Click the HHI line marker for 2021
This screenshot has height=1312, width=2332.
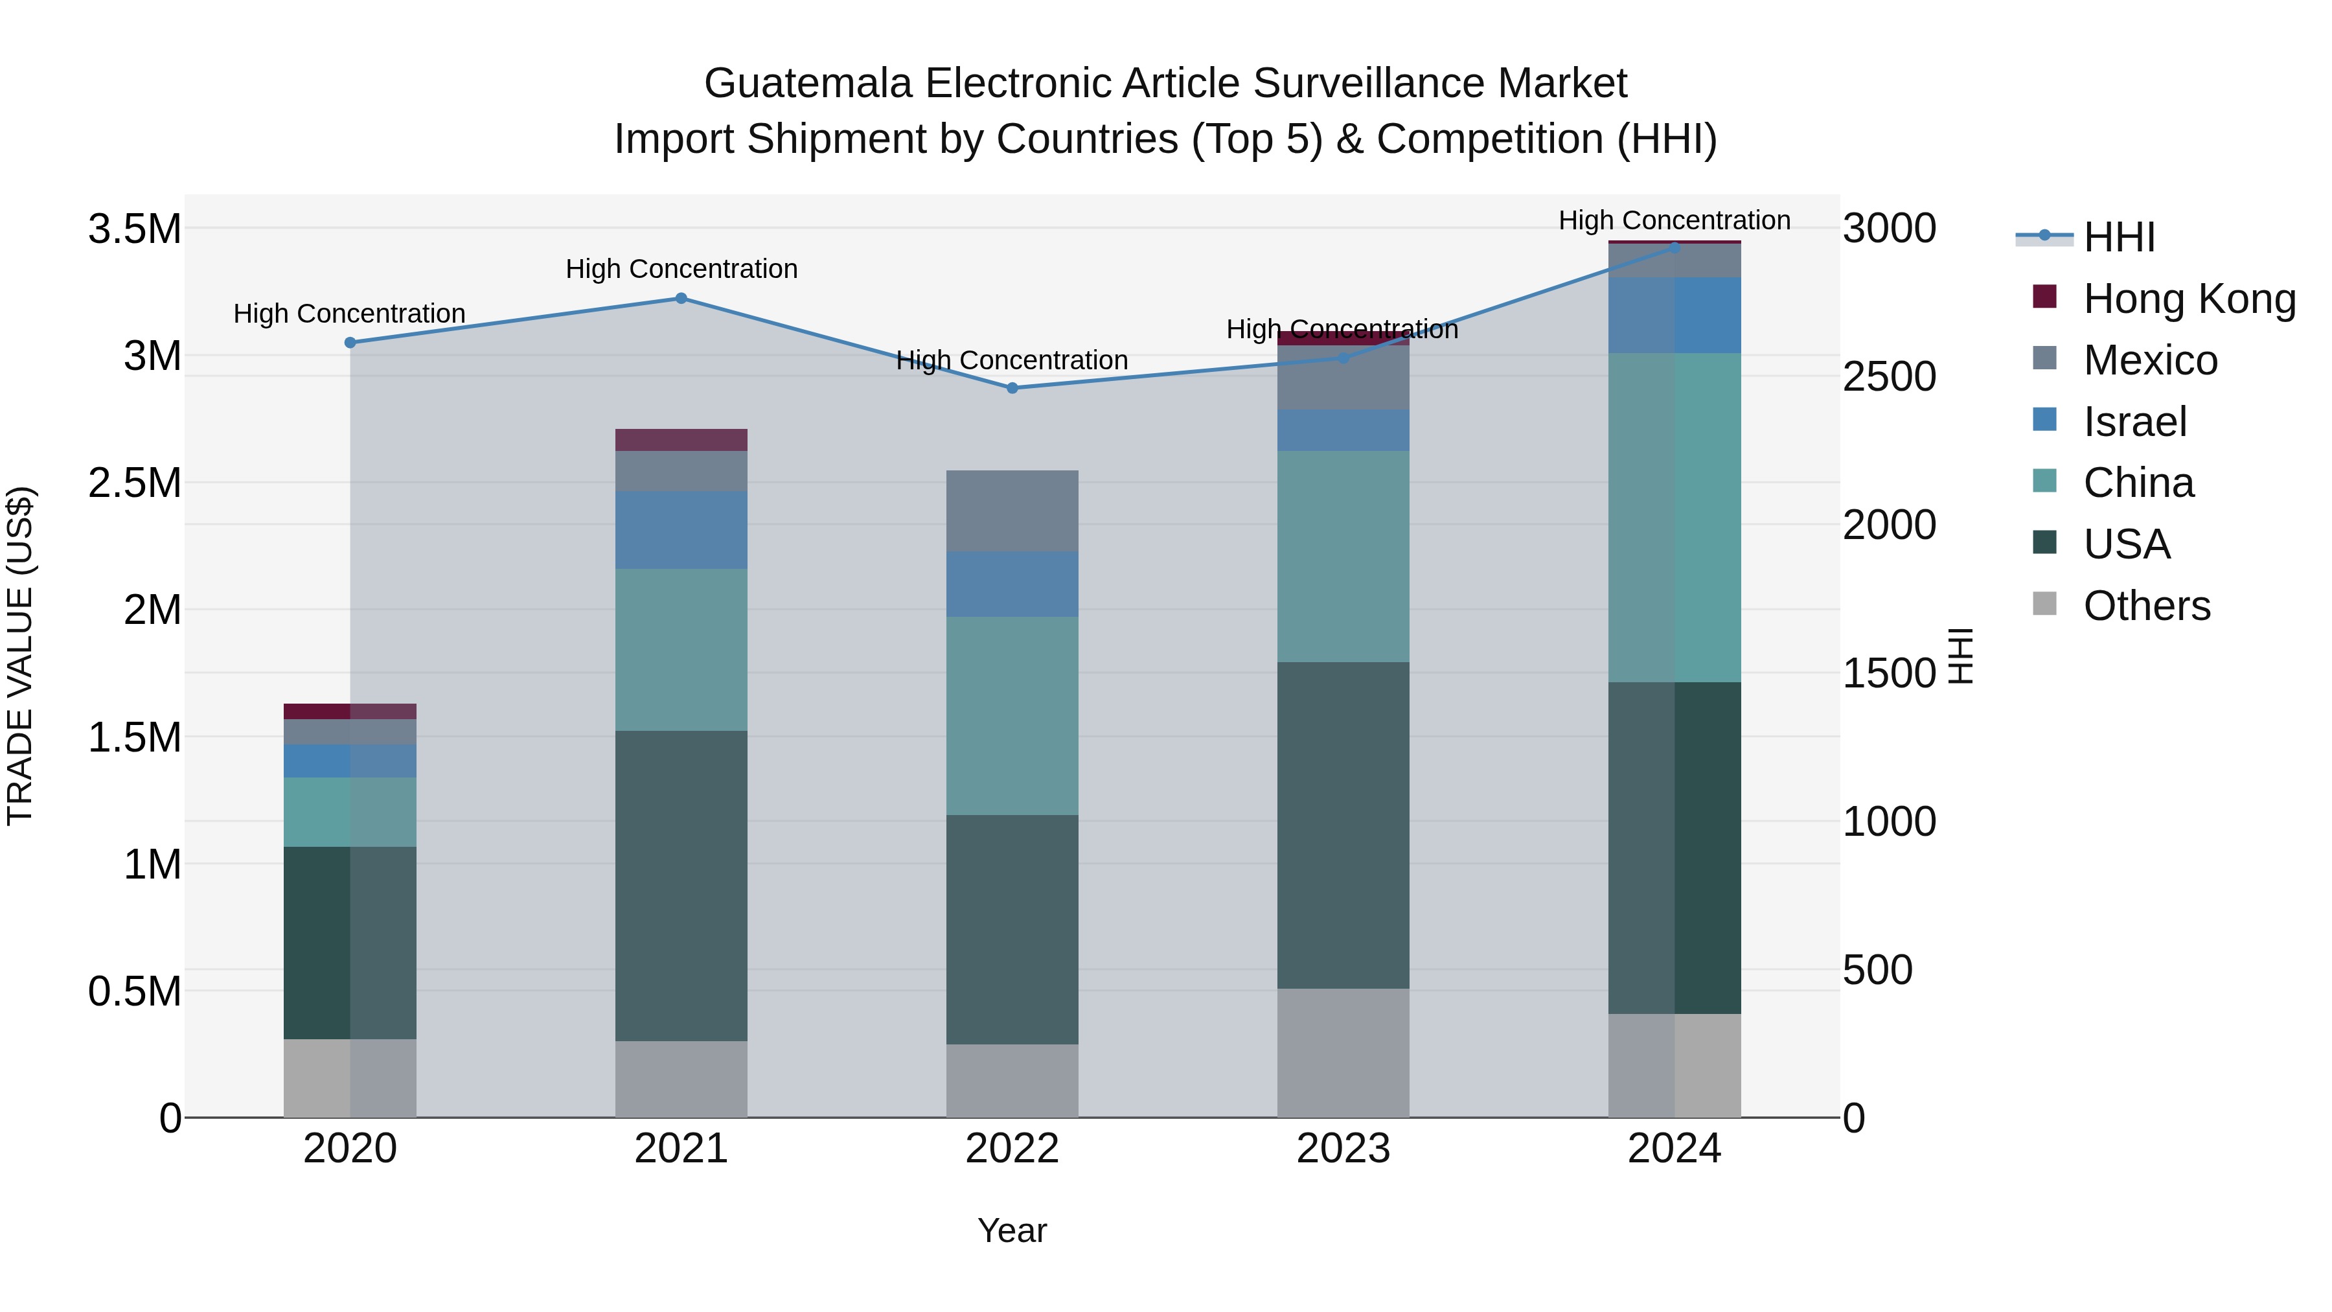[681, 298]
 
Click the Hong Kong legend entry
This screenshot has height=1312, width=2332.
[2188, 298]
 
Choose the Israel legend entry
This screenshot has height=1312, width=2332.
[2134, 421]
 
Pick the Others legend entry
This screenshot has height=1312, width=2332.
[2145, 606]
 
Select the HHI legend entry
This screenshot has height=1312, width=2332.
[2118, 237]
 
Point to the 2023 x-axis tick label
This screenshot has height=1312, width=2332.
[1343, 1149]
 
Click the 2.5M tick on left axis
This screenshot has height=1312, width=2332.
[135, 483]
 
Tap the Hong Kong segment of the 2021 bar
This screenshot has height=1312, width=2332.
[681, 439]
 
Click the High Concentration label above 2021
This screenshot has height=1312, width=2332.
[681, 269]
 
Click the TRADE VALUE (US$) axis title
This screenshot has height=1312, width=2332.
[20, 656]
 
